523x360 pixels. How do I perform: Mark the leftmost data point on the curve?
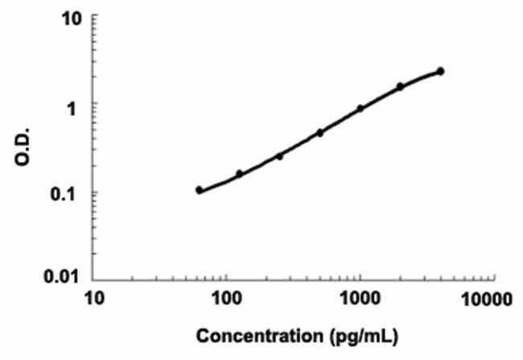pyautogui.click(x=199, y=190)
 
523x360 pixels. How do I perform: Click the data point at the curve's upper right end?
pyautogui.click(x=441, y=72)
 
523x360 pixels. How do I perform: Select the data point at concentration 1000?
pyautogui.click(x=360, y=108)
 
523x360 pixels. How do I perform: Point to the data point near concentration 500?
pyautogui.click(x=319, y=132)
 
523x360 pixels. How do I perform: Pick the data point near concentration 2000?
pyautogui.click(x=400, y=86)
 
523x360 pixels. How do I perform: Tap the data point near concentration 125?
pyautogui.click(x=239, y=173)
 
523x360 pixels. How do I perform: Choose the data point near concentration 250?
pyautogui.click(x=279, y=155)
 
